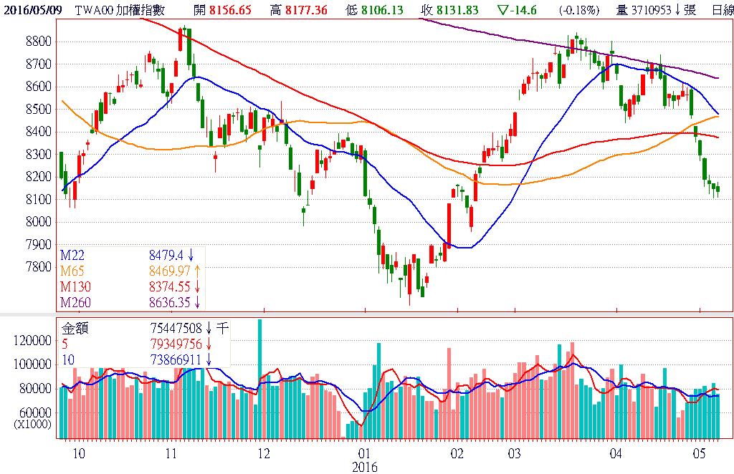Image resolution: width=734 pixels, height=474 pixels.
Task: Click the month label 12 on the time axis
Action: (x=264, y=453)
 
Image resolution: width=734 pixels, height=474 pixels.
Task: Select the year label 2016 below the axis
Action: (x=364, y=466)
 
